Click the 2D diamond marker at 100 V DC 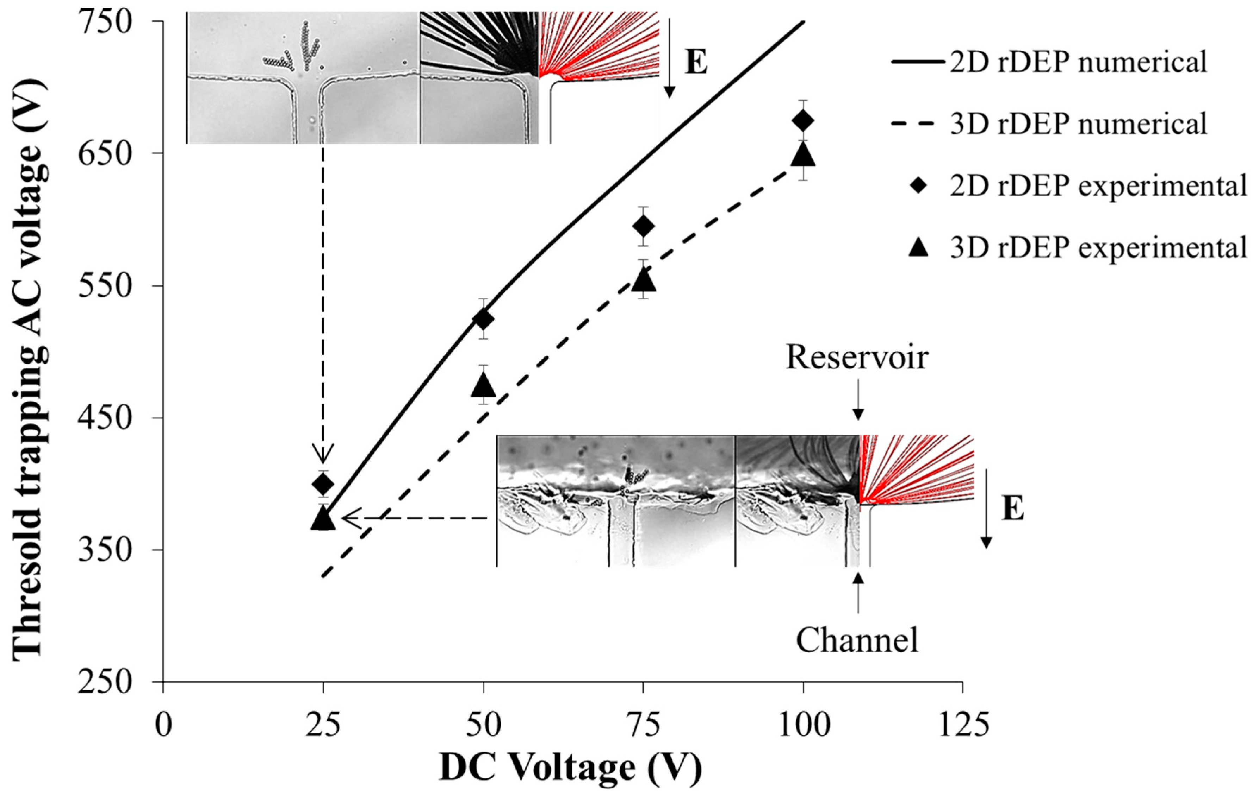(x=803, y=121)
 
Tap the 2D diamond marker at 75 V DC (x=643, y=226)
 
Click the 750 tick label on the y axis (x=104, y=22)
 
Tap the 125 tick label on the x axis (x=963, y=725)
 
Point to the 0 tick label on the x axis (x=163, y=725)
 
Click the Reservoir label (x=857, y=358)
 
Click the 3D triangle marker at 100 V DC (x=803, y=154)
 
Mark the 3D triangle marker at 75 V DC (x=643, y=280)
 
